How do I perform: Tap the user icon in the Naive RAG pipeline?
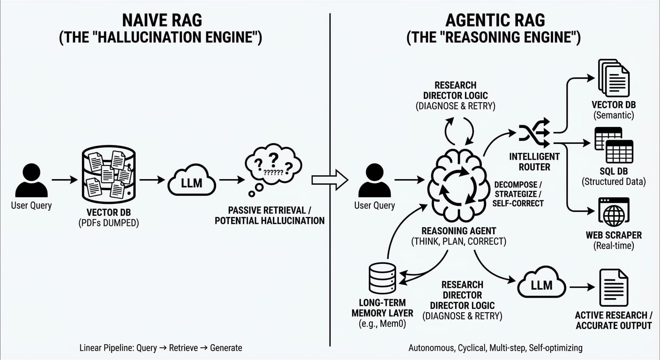click(31, 180)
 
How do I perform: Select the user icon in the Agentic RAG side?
click(374, 180)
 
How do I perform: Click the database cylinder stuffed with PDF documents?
click(108, 174)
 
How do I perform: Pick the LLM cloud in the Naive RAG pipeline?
click(191, 182)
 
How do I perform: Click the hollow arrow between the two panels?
click(330, 180)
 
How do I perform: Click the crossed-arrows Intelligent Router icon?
click(534, 134)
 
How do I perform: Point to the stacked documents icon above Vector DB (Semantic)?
click(614, 77)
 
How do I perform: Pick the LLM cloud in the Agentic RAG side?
click(541, 283)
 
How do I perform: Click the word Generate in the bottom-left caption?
click(226, 348)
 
